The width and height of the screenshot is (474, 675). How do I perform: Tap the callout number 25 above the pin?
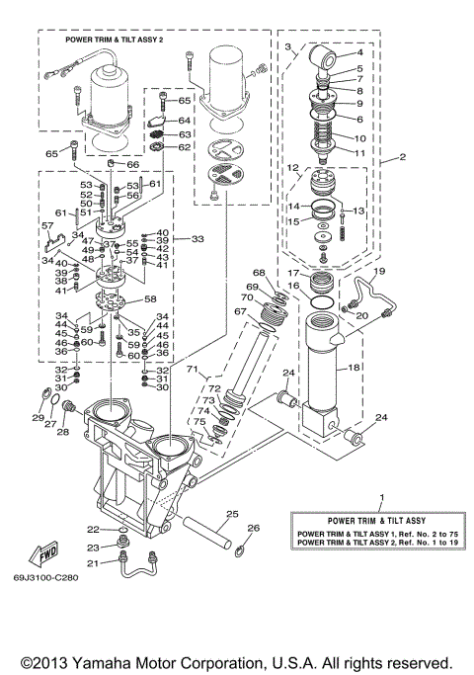tap(232, 513)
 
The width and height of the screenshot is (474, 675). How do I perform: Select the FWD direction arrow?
tap(45, 549)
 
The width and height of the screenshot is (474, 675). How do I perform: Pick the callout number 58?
tap(150, 298)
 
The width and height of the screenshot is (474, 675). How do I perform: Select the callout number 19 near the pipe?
tap(378, 271)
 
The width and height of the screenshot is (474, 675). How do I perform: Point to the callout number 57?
tap(46, 226)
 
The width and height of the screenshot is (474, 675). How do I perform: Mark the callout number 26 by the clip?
tap(252, 528)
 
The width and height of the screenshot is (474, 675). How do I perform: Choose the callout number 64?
tap(184, 120)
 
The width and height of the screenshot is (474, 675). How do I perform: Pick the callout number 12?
tap(293, 169)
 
